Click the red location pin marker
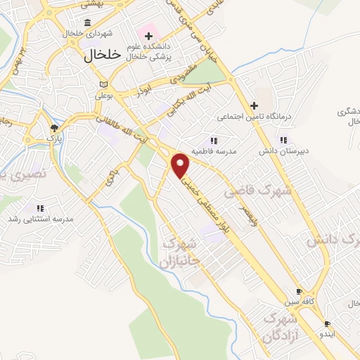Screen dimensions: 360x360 coord(181,165)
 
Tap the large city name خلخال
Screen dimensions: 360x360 coord(103,56)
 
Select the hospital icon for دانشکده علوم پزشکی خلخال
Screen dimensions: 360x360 coord(148,35)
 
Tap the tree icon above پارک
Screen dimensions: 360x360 coord(54,127)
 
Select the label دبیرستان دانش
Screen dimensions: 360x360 coord(283,151)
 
